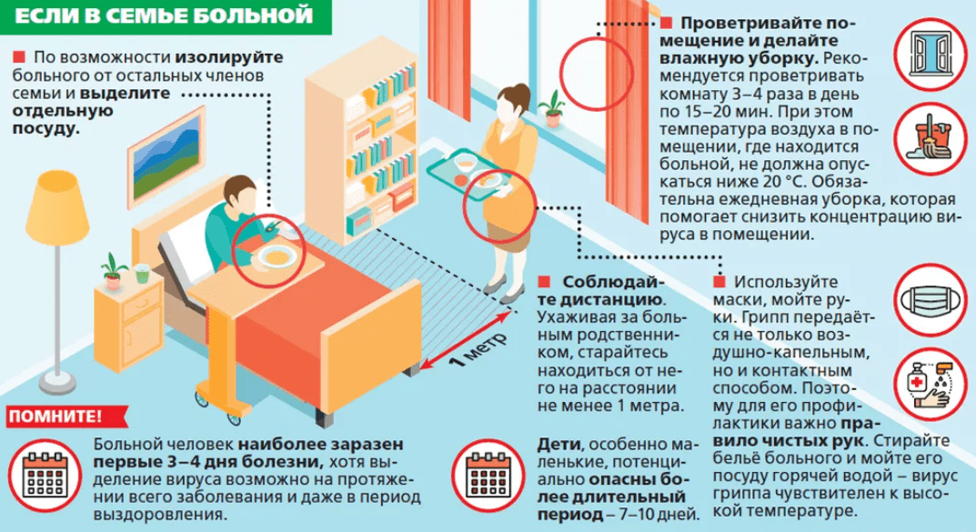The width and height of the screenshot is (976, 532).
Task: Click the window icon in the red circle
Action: point(931,51)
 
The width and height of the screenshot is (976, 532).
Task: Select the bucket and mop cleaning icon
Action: point(931,134)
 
